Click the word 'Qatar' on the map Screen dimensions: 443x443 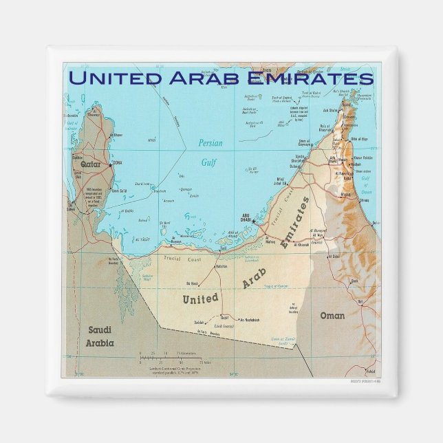(91, 165)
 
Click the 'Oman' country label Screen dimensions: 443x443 (332, 316)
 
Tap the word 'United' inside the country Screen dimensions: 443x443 (200, 299)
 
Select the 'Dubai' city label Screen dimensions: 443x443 (296, 166)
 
